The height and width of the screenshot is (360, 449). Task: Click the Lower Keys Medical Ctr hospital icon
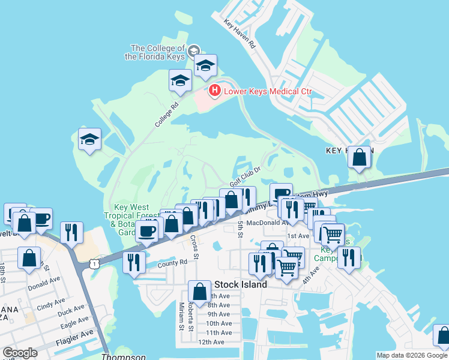214,91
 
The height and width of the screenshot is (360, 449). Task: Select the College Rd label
167,114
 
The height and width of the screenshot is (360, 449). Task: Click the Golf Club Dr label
246,178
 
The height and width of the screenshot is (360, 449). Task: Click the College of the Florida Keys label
158,52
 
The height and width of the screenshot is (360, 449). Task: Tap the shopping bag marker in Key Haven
360,157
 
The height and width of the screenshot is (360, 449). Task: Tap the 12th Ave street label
211,342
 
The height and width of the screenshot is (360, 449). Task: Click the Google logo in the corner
20,353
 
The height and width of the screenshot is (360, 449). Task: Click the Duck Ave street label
72,312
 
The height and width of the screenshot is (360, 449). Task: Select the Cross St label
194,248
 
